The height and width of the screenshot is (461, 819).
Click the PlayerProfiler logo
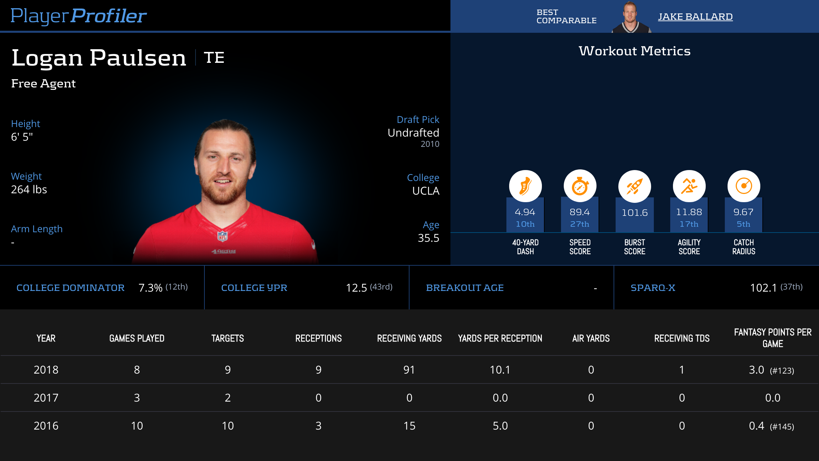pyautogui.click(x=78, y=16)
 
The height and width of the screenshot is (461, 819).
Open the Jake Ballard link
pyautogui.click(x=695, y=16)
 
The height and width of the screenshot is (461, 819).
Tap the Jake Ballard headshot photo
pyautogui.click(x=630, y=17)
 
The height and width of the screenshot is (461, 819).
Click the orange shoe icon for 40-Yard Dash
pyautogui.click(x=525, y=186)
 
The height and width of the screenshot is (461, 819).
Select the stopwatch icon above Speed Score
pyautogui.click(x=580, y=186)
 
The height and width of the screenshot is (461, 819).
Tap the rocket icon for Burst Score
pyautogui.click(x=634, y=186)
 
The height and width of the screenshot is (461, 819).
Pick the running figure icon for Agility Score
pyautogui.click(x=689, y=186)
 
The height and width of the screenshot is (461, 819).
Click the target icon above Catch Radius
pyautogui.click(x=744, y=186)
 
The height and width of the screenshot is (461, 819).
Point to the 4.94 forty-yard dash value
pyautogui.click(x=525, y=212)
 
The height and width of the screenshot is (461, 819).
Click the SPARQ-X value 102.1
pyautogui.click(x=763, y=288)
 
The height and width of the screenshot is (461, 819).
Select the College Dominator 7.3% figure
pyautogui.click(x=150, y=288)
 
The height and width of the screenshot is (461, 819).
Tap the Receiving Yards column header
pyautogui.click(x=409, y=338)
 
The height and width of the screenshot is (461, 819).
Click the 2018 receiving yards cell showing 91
pyautogui.click(x=409, y=370)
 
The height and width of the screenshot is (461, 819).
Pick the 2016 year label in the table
pyautogui.click(x=46, y=426)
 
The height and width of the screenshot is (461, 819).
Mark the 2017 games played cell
pyautogui.click(x=137, y=398)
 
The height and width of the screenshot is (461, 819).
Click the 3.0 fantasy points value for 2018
pyautogui.click(x=757, y=370)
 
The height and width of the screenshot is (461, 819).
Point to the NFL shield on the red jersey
pyautogui.click(x=222, y=236)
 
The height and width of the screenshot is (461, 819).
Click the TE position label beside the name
pyautogui.click(x=214, y=57)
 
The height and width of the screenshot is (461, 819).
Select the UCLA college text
pyautogui.click(x=426, y=191)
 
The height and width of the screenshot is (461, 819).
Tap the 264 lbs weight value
pyautogui.click(x=29, y=190)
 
